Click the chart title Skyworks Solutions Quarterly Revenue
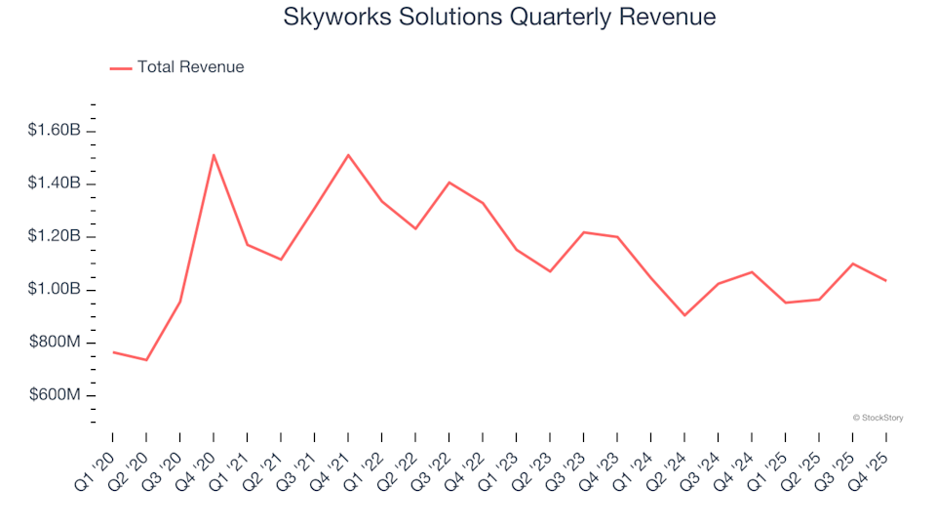pyautogui.click(x=499, y=17)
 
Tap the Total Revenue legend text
pyautogui.click(x=190, y=67)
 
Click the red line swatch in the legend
pyautogui.click(x=121, y=67)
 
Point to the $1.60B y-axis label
pyautogui.click(x=56, y=131)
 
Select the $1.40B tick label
pyautogui.click(x=56, y=183)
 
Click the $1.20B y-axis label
pyautogui.click(x=56, y=237)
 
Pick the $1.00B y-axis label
pyautogui.click(x=56, y=290)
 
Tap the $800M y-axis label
pyautogui.click(x=58, y=343)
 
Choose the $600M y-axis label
pyautogui.click(x=58, y=395)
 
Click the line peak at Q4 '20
pyautogui.click(x=214, y=154)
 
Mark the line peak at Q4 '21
pyautogui.click(x=348, y=154)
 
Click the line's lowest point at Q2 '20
pyautogui.click(x=146, y=360)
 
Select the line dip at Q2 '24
pyautogui.click(x=684, y=315)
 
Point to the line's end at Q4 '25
pyautogui.click(x=885, y=281)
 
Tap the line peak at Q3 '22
pyautogui.click(x=448, y=182)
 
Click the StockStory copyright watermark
pyautogui.click(x=877, y=418)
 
